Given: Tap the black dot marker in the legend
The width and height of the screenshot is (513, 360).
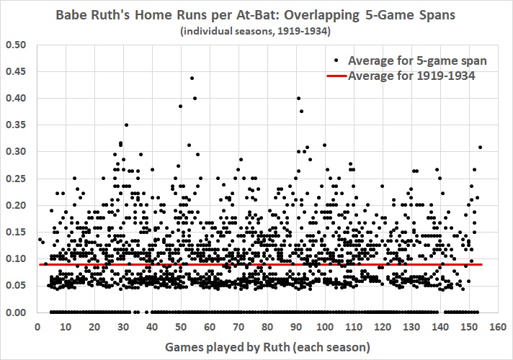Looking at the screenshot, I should tap(337, 59).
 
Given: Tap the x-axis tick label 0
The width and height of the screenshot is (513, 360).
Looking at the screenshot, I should tap(37, 325).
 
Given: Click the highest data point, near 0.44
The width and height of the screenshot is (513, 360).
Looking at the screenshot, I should tap(192, 78).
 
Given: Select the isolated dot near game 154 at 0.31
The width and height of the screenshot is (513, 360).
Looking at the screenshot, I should tap(480, 147).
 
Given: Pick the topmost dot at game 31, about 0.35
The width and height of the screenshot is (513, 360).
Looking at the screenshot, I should tap(126, 125).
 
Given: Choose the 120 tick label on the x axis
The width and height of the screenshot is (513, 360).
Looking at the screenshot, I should tap(382, 325).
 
